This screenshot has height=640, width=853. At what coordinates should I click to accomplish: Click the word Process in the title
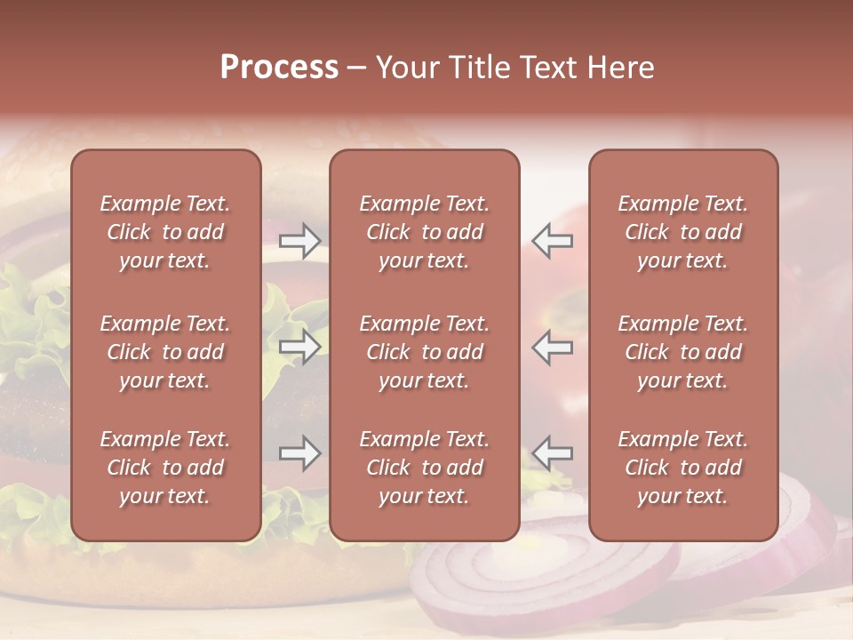[279, 67]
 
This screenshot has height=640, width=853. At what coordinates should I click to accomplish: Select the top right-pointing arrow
[299, 240]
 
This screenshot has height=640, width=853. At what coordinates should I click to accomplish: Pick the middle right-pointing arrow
[299, 347]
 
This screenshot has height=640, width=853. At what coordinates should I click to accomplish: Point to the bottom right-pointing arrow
[299, 453]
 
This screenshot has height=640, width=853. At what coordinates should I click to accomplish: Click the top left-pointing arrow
[553, 240]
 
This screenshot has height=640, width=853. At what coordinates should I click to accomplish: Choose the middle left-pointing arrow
[553, 347]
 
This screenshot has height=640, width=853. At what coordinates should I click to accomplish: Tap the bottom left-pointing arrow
[553, 453]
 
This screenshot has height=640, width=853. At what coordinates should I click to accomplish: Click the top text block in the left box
[165, 232]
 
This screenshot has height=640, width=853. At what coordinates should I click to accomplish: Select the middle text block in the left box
[165, 352]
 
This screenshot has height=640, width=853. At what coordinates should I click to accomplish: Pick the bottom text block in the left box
[165, 468]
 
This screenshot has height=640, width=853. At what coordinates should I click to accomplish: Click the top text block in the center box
[424, 232]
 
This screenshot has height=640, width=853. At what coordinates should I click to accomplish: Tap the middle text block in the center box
[424, 352]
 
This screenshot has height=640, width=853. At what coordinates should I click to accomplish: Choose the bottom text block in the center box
[424, 468]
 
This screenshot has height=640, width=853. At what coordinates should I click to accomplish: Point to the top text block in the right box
[682, 232]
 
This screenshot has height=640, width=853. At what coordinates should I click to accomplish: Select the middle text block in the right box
[682, 352]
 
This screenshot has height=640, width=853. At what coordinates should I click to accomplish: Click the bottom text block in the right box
[682, 468]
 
